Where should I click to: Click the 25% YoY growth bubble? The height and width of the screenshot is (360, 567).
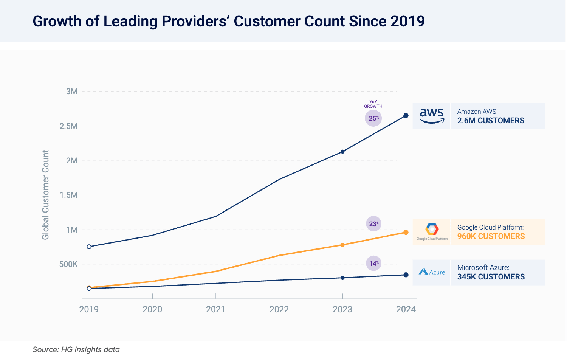coord(373,118)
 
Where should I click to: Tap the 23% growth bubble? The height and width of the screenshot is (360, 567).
coord(373,224)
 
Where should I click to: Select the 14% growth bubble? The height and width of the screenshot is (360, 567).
coord(373,264)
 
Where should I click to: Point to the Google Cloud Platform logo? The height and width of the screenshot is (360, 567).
coord(432,231)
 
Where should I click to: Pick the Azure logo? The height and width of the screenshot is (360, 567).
coord(432,272)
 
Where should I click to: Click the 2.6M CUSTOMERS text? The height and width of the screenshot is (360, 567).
coord(491,121)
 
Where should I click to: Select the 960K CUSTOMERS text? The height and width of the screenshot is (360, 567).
coord(491,236)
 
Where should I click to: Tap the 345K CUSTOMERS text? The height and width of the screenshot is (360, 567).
coord(491,277)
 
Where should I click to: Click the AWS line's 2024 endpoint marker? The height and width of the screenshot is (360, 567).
coord(406,116)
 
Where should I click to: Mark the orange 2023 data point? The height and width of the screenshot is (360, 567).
coord(342,245)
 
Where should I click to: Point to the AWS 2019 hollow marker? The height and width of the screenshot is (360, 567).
coord(89,247)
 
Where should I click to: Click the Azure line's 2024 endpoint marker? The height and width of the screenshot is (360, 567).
coord(406,275)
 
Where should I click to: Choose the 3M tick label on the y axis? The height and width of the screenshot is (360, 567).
coord(71,92)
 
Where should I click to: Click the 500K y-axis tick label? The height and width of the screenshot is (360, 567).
coord(68,264)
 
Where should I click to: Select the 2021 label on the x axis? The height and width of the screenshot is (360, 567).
coord(215,310)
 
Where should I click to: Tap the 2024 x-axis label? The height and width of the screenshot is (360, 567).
coord(406,310)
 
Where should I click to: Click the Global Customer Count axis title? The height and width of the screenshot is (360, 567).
coord(45,195)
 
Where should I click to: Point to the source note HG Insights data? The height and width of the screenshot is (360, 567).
coord(76,349)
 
